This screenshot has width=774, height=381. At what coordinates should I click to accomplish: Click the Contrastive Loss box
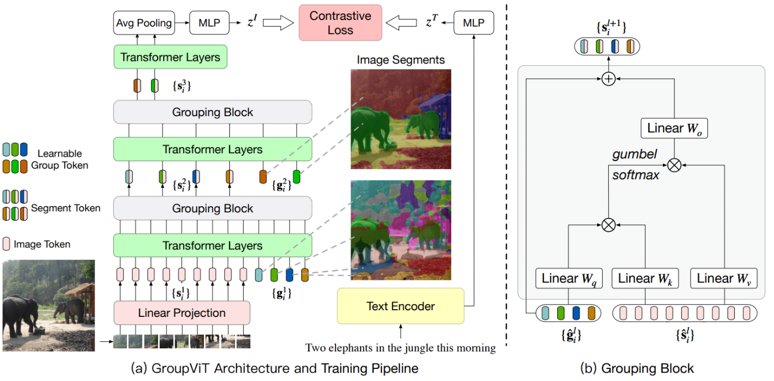(339, 23)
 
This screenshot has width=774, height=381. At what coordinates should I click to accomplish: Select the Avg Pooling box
(143, 23)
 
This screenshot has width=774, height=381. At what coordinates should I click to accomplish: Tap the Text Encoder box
(400, 306)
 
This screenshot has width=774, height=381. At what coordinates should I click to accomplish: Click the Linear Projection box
(182, 313)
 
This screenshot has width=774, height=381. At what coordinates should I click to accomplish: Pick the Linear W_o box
(673, 128)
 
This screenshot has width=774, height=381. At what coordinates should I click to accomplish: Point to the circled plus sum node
(608, 80)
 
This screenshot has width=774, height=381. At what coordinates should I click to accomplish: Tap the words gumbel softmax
(635, 165)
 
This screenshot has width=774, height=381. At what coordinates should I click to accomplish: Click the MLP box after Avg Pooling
(208, 23)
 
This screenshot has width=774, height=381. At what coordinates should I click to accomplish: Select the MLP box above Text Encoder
(473, 23)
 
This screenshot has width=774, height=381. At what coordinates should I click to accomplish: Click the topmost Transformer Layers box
(170, 57)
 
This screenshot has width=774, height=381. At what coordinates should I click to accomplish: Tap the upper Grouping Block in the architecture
(212, 112)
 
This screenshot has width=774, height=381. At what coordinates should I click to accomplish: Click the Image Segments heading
(401, 60)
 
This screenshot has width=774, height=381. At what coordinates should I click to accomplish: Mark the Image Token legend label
(42, 244)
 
